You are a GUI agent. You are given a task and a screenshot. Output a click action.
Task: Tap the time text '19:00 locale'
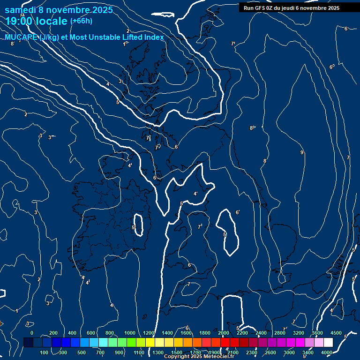click(37, 21)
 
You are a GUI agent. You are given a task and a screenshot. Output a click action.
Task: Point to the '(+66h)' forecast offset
click(81, 21)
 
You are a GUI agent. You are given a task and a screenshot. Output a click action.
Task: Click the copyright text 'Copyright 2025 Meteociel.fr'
click(199, 357)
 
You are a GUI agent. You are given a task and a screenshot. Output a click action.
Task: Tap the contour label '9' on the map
click(302, 152)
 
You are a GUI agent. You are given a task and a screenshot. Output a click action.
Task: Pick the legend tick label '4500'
click(336, 333)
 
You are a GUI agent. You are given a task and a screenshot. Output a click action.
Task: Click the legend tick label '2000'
click(224, 333)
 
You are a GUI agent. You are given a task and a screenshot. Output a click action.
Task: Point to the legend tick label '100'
click(45, 352)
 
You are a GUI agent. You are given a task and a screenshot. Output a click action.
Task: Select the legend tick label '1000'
click(129, 333)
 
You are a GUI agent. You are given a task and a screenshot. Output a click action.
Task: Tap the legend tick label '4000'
click(327, 352)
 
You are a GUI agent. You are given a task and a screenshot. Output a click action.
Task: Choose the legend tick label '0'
click(32, 333)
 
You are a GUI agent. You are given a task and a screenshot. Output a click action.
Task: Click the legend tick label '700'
click(101, 352)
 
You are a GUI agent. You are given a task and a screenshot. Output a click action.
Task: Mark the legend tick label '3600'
click(317, 333)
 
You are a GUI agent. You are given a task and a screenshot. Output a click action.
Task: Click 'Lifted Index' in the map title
click(144, 37)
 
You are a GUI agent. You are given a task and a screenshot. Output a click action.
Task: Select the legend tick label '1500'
click(176, 352)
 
